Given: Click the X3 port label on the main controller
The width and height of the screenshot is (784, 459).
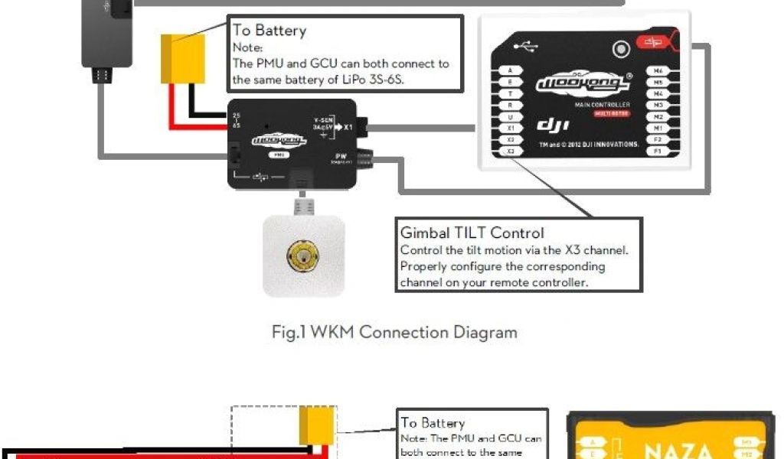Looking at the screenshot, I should pos(510,151).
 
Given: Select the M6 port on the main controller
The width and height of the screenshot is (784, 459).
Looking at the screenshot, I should pos(658,71).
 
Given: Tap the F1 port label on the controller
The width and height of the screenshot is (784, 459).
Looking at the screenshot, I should pos(658,151).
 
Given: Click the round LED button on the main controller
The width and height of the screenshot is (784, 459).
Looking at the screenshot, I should pos(622,50).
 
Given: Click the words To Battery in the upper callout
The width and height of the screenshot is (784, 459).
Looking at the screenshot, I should pos(269,31).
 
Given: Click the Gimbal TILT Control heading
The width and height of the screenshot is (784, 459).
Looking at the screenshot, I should pos(472,233).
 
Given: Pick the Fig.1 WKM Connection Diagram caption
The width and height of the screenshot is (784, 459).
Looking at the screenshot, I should pos(394,332).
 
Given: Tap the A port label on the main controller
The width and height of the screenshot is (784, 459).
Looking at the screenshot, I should pos(510,71).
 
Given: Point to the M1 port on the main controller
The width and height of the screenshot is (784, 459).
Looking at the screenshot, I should pos(658,129).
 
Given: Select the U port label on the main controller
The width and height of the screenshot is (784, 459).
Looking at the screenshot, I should pos(510,117).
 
